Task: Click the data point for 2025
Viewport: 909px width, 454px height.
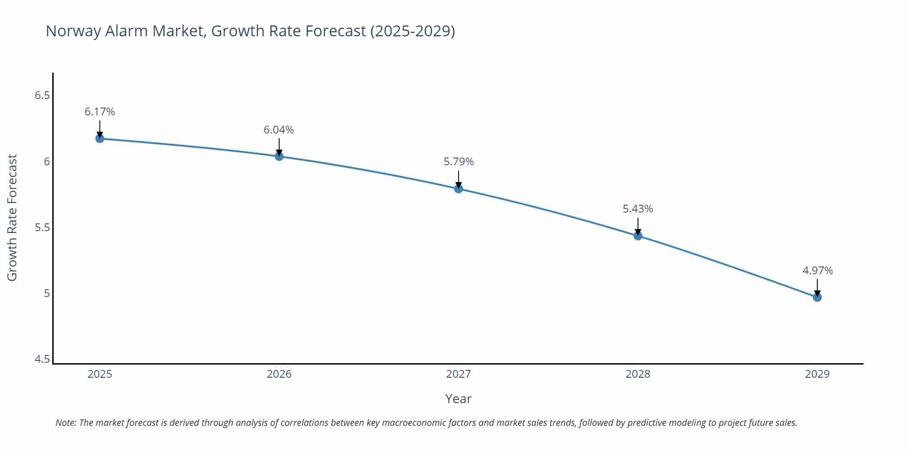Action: click(x=100, y=138)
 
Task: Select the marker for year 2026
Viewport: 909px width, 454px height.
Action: click(x=279, y=156)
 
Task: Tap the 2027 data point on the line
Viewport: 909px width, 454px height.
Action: click(x=458, y=188)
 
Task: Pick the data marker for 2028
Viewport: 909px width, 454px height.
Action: click(x=638, y=236)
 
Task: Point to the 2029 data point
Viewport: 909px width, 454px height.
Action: click(x=817, y=297)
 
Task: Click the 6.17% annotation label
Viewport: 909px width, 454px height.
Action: click(x=100, y=112)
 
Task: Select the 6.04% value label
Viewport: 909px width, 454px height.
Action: click(x=279, y=130)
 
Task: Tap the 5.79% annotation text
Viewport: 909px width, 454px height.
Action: click(x=459, y=162)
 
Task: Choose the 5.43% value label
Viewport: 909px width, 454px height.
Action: click(x=638, y=209)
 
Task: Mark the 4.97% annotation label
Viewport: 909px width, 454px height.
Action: click(x=817, y=271)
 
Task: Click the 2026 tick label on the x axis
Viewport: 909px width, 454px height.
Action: click(x=279, y=374)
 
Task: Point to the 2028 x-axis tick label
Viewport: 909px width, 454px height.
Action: click(x=638, y=374)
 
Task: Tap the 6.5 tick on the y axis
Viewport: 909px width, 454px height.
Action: click(x=42, y=95)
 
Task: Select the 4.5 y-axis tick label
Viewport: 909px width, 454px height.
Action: click(x=42, y=359)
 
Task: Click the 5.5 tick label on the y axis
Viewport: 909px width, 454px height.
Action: click(x=42, y=227)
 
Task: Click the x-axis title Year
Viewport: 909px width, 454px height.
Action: click(x=458, y=399)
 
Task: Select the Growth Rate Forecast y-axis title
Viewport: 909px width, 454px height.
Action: click(x=12, y=217)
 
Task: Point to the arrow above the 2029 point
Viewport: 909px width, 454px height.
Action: click(x=817, y=287)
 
